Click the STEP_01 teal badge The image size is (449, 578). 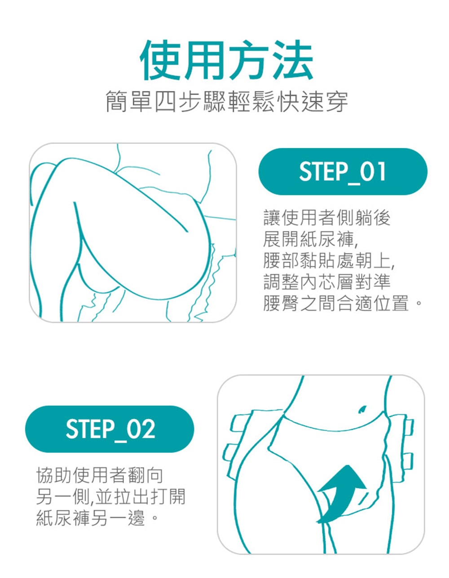point(343,172)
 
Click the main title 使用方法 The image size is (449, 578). point(226,60)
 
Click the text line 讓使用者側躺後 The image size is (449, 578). point(327,218)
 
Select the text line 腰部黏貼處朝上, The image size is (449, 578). point(329,261)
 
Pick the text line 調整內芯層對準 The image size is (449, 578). point(327,282)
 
